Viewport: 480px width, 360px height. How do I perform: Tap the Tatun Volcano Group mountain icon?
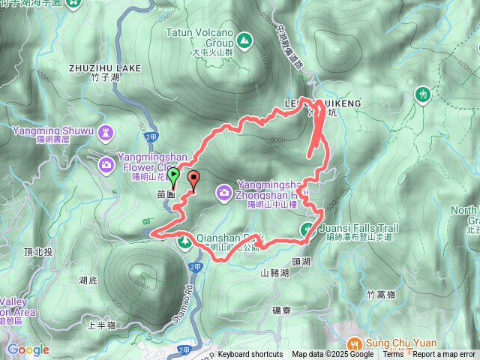[244, 40]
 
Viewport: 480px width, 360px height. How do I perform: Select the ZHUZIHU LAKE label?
[106, 67]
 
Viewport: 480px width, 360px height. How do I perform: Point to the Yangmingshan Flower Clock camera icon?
[104, 162]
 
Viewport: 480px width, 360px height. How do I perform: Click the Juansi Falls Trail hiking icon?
[307, 229]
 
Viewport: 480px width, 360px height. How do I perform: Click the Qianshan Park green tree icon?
[184, 241]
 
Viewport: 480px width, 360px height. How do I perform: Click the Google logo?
[28, 349]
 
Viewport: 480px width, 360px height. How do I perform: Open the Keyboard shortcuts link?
[250, 355]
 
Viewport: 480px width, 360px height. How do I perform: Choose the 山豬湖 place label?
[274, 274]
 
